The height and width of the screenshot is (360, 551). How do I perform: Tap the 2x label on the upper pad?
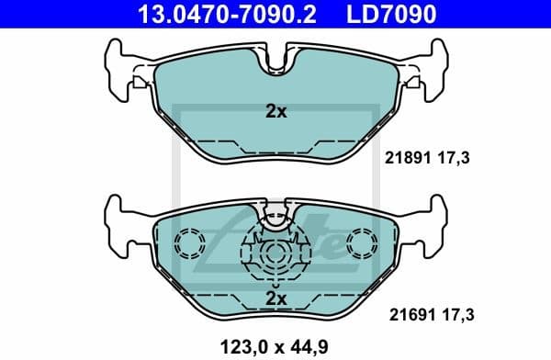(275, 112)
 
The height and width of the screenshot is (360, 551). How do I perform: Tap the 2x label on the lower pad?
(275, 298)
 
